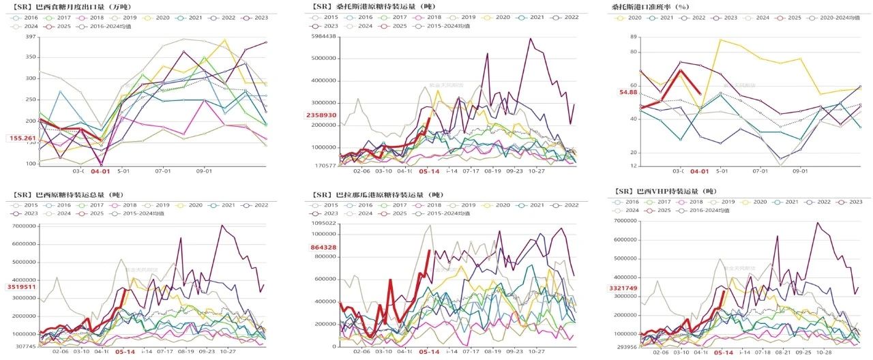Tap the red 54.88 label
(627, 92)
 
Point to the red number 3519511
(22, 287)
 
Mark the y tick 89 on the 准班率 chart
(634, 37)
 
